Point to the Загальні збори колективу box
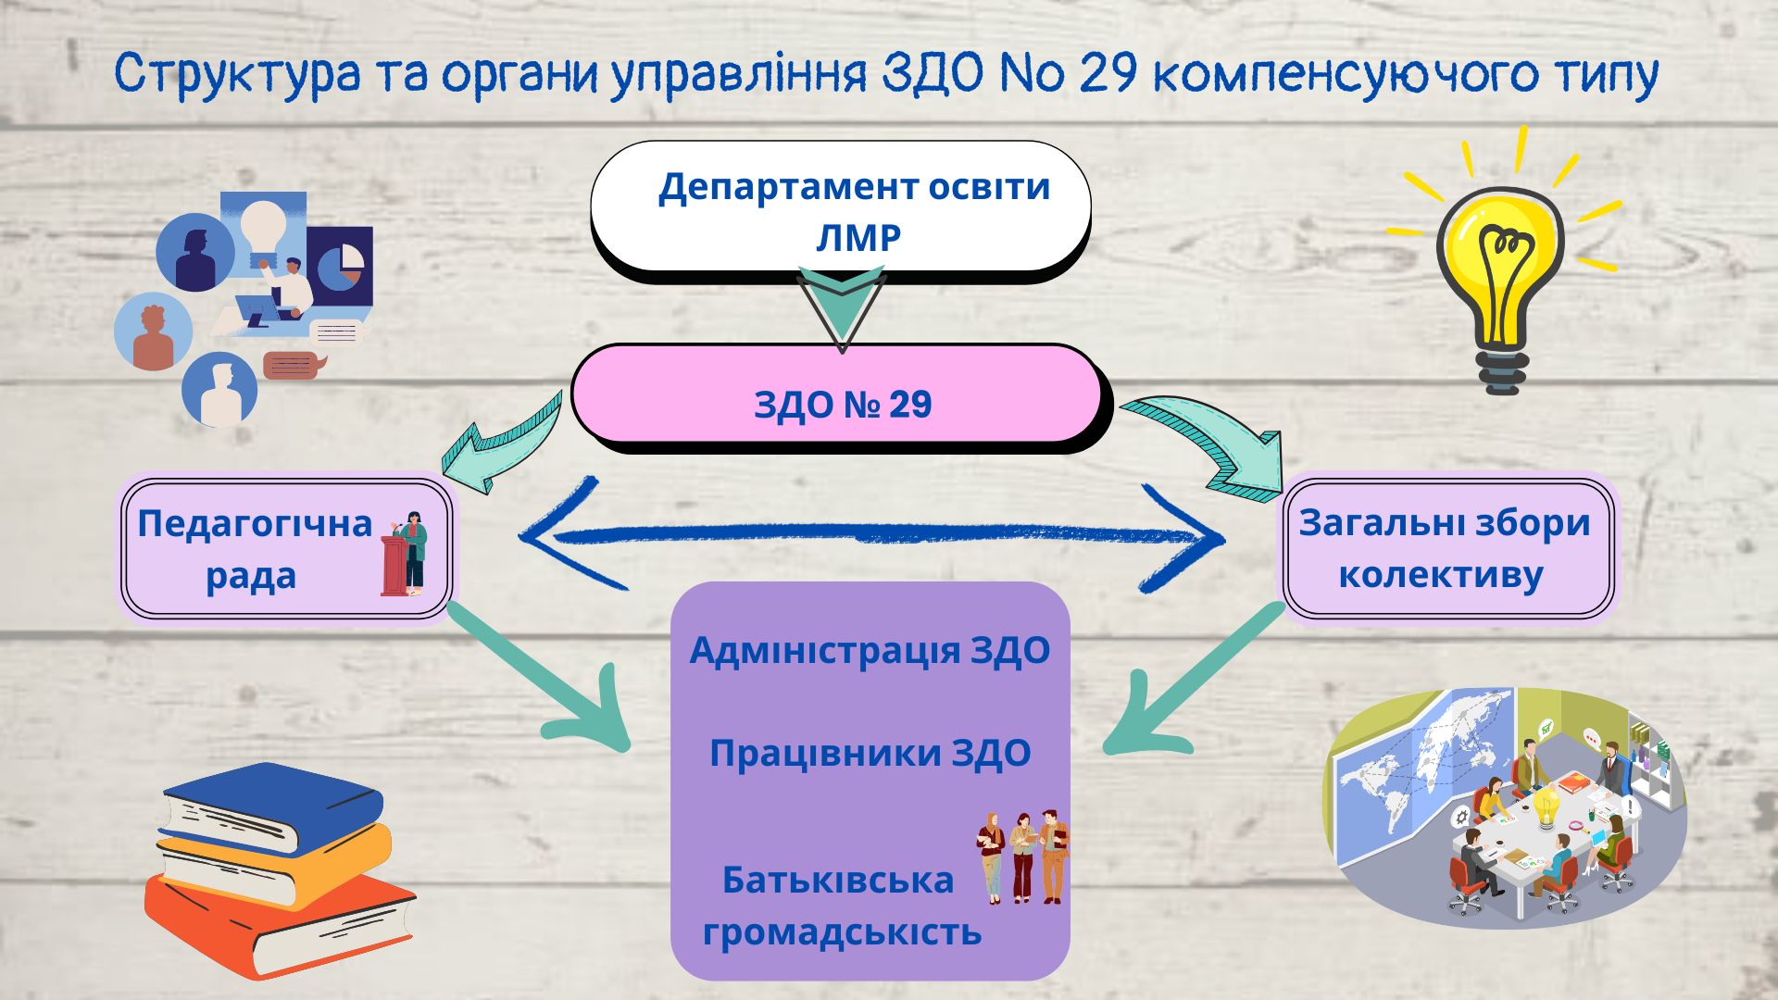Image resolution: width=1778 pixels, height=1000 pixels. coord(1447,548)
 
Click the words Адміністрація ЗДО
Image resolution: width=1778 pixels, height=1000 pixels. coord(870,650)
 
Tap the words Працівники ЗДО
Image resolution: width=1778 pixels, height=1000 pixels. coord(870,753)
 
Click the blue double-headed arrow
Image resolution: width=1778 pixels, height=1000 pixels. coord(870,535)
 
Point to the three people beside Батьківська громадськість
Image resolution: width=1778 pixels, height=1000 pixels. coord(1021,856)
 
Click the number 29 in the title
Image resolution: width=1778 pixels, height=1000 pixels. coord(1108,74)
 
